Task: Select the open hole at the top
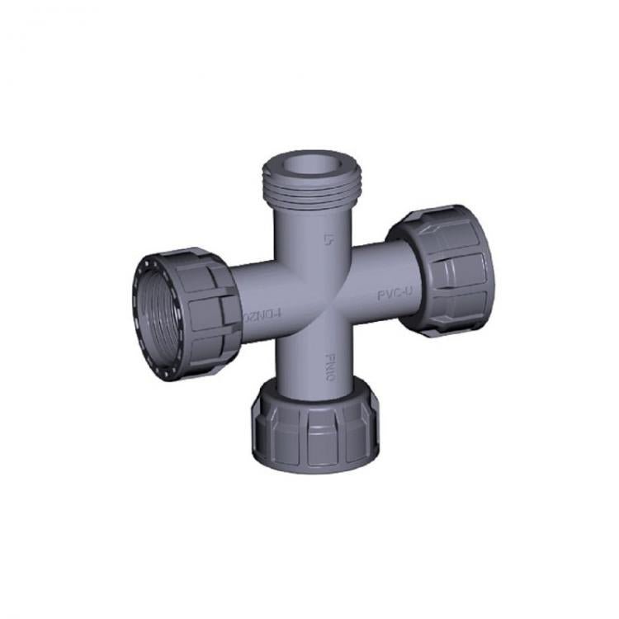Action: click(309, 166)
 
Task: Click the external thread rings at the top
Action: click(307, 190)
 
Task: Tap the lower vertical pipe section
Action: click(314, 355)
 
